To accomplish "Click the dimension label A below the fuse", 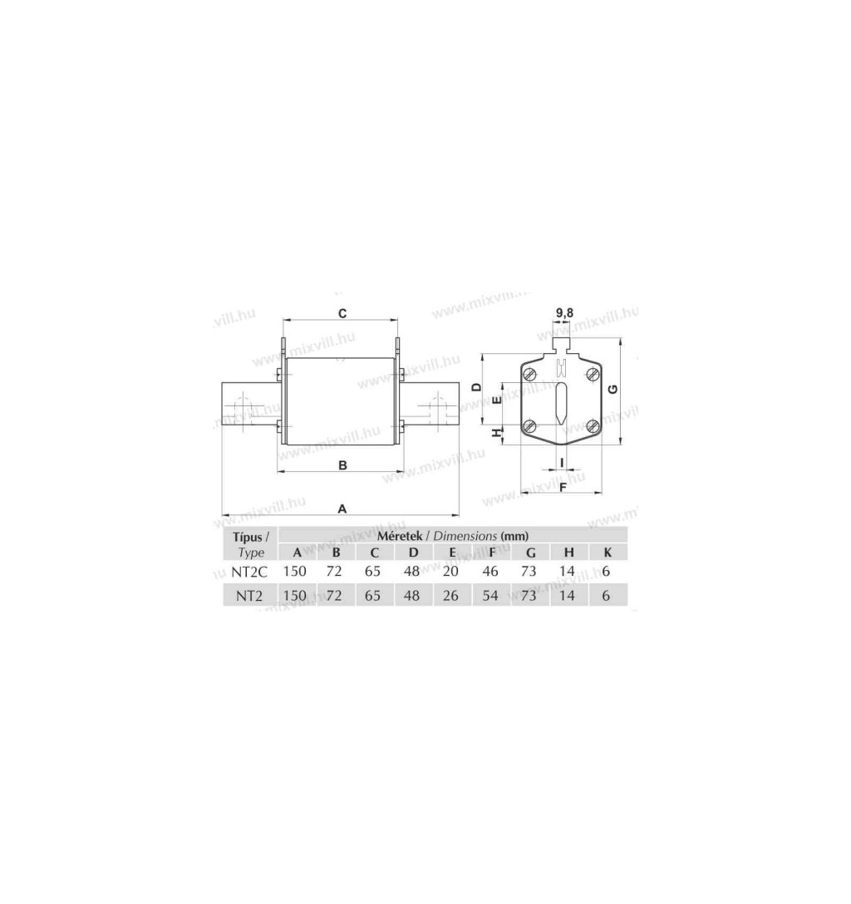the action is [342, 508].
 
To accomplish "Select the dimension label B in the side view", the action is [342, 464].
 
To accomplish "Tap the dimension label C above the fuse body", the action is [342, 313].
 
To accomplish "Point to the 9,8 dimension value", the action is [564, 313].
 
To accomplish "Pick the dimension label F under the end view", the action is [563, 487].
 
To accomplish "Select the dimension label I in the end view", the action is [562, 462].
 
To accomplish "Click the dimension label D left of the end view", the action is [477, 387].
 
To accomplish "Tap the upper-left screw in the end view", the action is [530, 374].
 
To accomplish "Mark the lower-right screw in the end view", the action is [593, 426].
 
